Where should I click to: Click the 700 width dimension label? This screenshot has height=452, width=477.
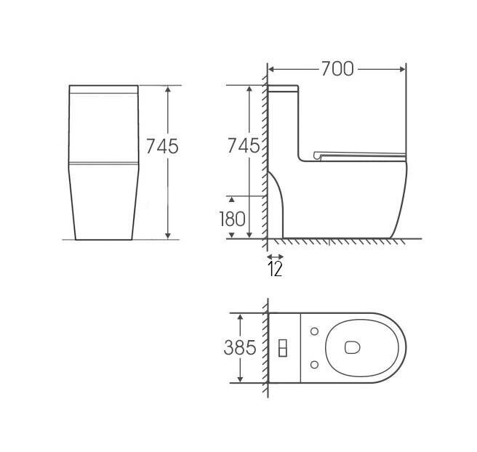[337, 69]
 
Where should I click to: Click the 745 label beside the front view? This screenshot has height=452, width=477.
[162, 146]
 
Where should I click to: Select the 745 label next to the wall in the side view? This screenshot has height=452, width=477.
[244, 145]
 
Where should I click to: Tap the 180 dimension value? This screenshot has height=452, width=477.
[232, 219]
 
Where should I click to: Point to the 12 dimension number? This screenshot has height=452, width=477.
[275, 269]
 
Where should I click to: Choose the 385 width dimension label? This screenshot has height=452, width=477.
[240, 347]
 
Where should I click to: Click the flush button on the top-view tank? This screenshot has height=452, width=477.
[283, 348]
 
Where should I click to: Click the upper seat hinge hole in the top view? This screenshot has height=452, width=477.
[315, 331]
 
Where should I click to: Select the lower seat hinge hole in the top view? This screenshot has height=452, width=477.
[315, 364]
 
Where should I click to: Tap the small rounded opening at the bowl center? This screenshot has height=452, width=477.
[353, 347]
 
